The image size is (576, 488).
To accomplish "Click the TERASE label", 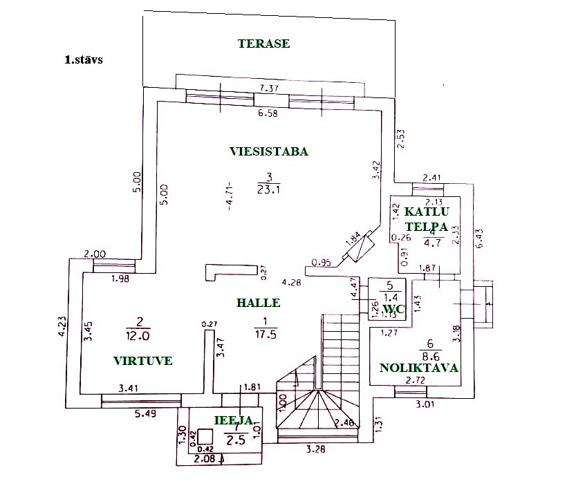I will point(263,44).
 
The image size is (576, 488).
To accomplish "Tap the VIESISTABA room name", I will point(268,152).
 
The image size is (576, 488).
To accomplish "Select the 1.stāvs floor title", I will point(84,60).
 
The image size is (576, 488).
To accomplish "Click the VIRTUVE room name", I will point(143,360).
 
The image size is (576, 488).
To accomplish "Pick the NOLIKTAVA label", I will point(419,368).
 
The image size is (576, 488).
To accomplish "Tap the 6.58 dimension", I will point(268,114).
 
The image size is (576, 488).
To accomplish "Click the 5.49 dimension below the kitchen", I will point(147,414).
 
